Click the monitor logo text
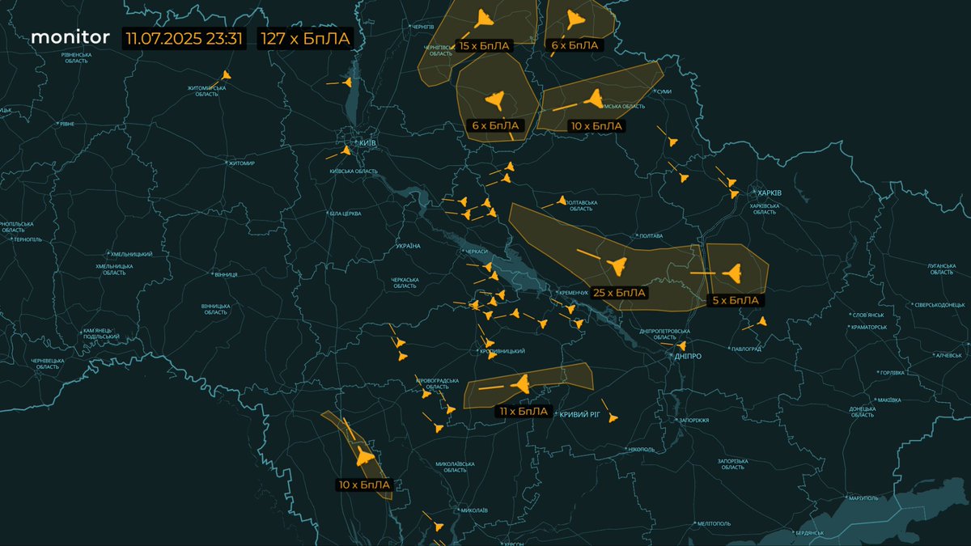point(70,37)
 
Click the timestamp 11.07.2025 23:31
point(184,39)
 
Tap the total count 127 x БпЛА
point(304,39)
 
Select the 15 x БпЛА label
point(484,46)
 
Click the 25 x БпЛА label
point(619,293)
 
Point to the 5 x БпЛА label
point(735,300)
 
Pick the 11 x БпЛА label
point(524,412)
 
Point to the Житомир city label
point(241,163)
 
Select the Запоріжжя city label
point(694,421)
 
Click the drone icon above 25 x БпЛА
point(616,265)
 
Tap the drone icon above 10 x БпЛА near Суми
point(594,100)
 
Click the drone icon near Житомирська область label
point(225,75)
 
